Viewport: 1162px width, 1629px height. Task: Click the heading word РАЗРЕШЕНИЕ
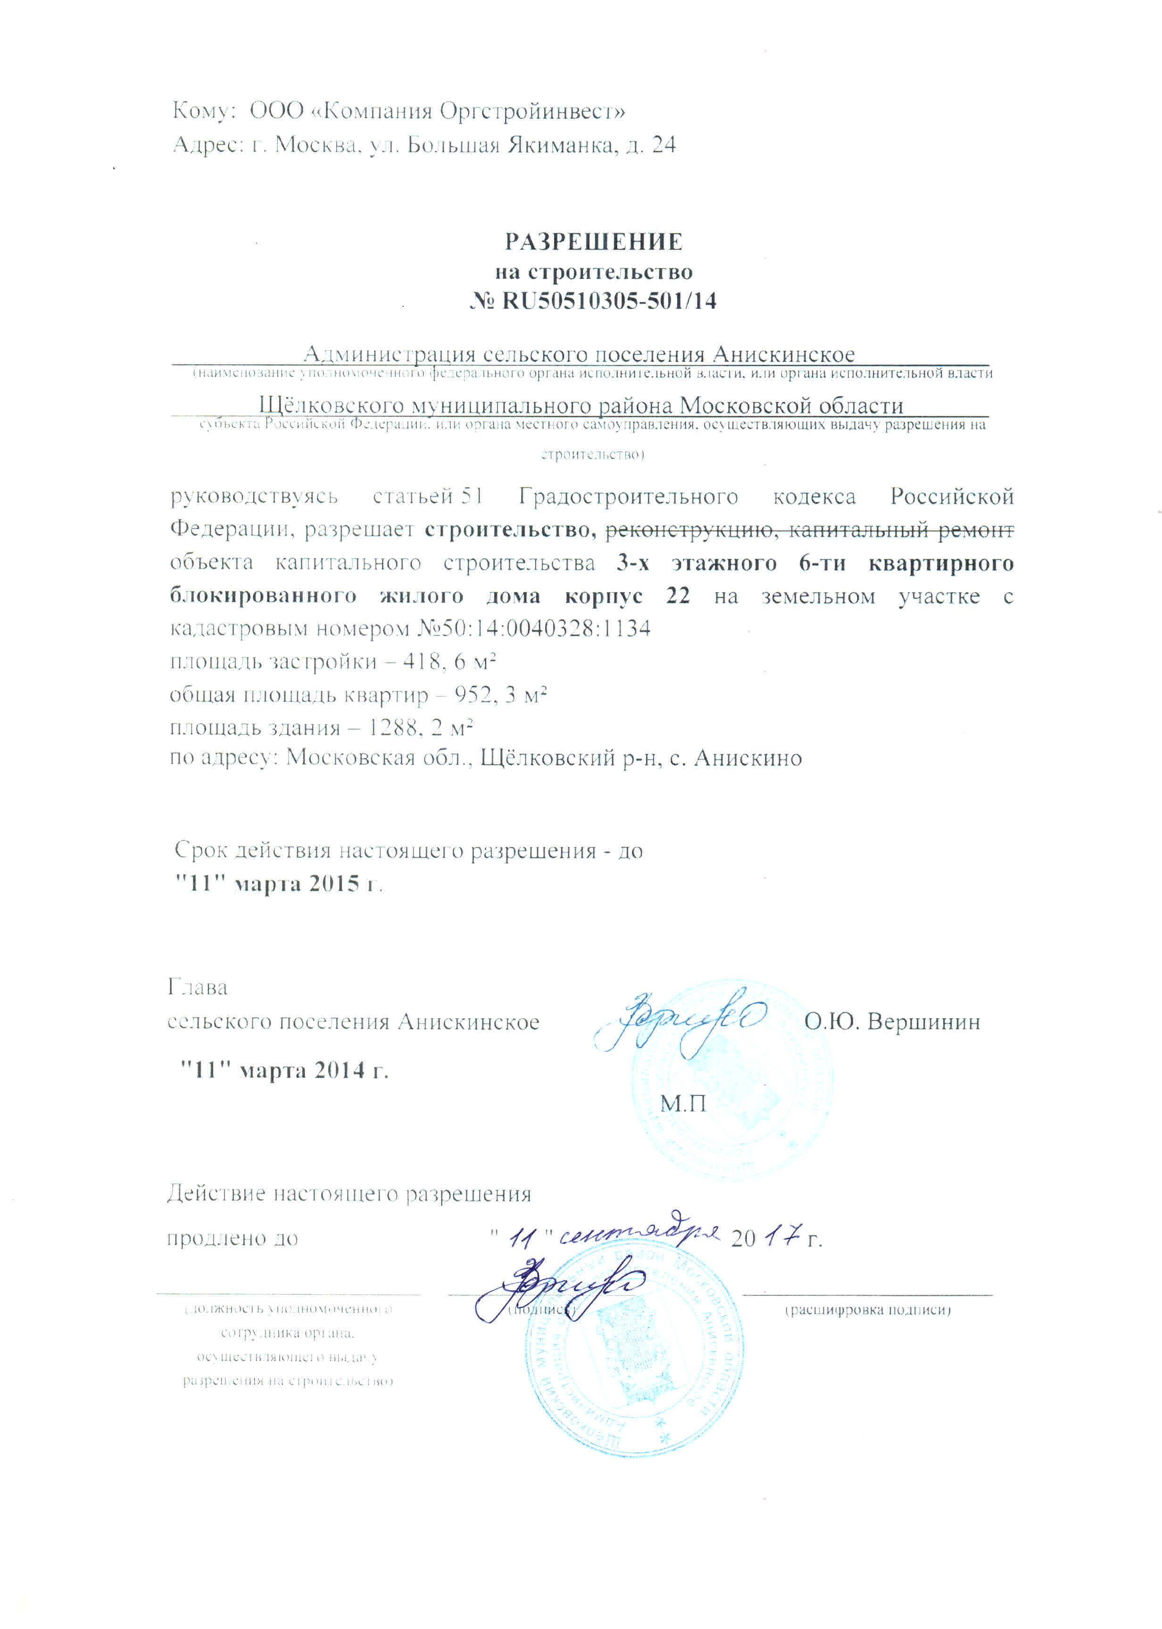(593, 242)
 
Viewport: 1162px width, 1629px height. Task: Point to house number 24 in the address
(663, 145)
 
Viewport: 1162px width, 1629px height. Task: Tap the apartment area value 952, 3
(486, 694)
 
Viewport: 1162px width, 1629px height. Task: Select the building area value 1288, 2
(404, 727)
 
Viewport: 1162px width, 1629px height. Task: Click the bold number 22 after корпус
(678, 596)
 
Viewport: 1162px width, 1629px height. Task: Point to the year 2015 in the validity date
(334, 884)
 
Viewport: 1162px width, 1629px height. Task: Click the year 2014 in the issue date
(340, 1070)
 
